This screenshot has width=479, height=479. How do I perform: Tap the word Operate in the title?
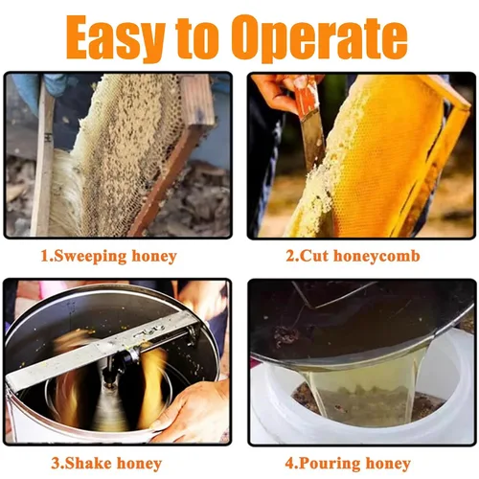pyautogui.click(x=323, y=39)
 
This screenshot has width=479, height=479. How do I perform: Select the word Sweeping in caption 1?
pyautogui.click(x=90, y=257)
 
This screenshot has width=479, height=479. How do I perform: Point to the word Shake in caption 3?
pyautogui.click(x=85, y=464)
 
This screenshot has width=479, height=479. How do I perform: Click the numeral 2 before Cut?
pyautogui.click(x=290, y=257)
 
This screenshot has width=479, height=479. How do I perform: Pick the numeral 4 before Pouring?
pyautogui.click(x=289, y=464)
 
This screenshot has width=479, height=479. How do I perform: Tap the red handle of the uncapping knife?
pyautogui.click(x=305, y=96)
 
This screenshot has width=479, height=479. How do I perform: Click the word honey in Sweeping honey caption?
pyautogui.click(x=154, y=258)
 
